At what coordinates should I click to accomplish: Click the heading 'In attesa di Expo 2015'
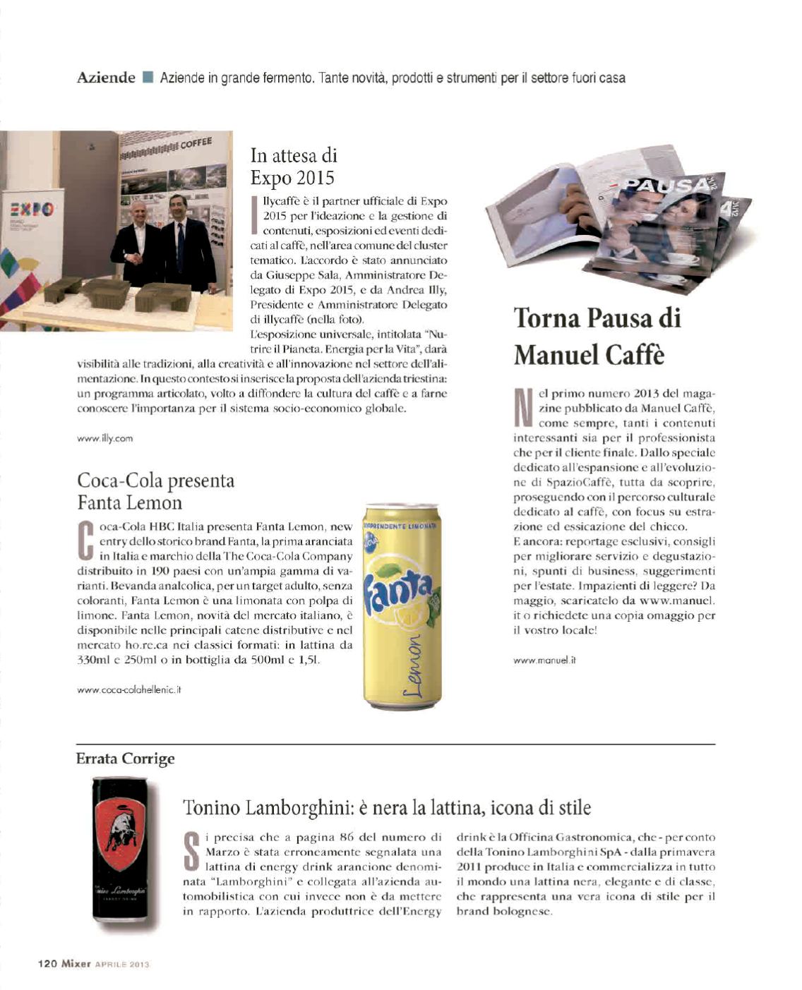[294, 165]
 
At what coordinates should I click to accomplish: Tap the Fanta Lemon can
[402, 605]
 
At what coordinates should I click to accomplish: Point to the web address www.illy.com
[104, 438]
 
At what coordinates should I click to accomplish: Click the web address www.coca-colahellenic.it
[129, 689]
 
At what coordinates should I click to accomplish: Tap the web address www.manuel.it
[544, 660]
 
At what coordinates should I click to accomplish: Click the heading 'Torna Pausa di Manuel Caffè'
[597, 335]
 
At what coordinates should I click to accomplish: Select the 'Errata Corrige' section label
[125, 759]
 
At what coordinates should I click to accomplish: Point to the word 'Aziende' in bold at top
[106, 78]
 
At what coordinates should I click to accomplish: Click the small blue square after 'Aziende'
[148, 77]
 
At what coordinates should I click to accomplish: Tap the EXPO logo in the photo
[30, 210]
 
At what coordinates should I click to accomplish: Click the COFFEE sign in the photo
[196, 143]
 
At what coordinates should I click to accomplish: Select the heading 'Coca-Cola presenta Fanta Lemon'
[155, 491]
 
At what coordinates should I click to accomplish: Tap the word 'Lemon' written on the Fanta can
[415, 663]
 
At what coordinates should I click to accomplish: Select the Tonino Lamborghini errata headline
[387, 807]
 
